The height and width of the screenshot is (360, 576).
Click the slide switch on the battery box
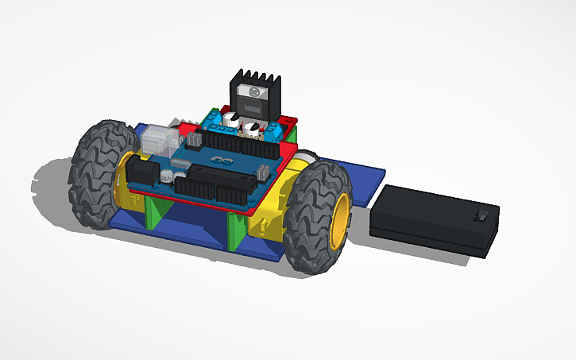[478, 216]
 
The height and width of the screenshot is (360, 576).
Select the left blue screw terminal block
[215, 120]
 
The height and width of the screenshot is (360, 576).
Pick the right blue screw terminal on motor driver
[268, 132]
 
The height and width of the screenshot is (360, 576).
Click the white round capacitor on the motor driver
[230, 119]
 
